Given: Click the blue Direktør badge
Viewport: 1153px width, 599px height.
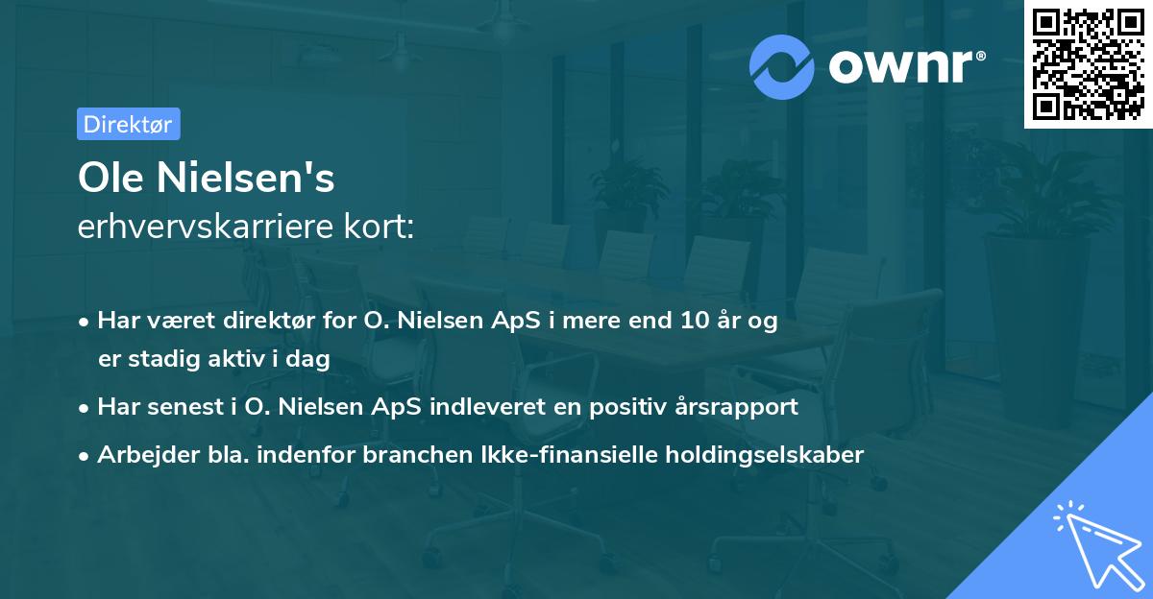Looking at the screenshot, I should [x=128, y=124].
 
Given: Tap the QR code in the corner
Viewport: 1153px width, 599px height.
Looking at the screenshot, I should [x=1089, y=63].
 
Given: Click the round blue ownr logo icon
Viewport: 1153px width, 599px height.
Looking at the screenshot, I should [x=782, y=66].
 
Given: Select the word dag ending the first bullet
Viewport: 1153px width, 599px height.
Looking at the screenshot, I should [x=310, y=360].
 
